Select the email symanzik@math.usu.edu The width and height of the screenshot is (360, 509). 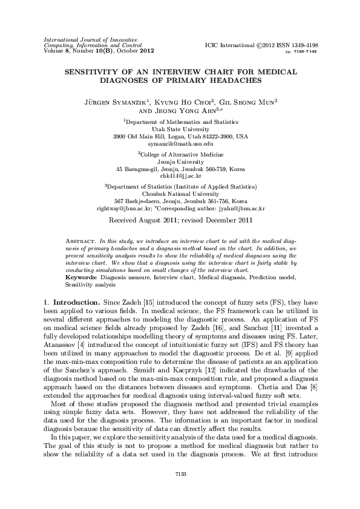[181, 144]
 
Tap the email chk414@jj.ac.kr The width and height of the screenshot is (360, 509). [180, 175]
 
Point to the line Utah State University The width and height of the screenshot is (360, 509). [180, 129]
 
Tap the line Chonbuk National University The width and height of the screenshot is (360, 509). [180, 194]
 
